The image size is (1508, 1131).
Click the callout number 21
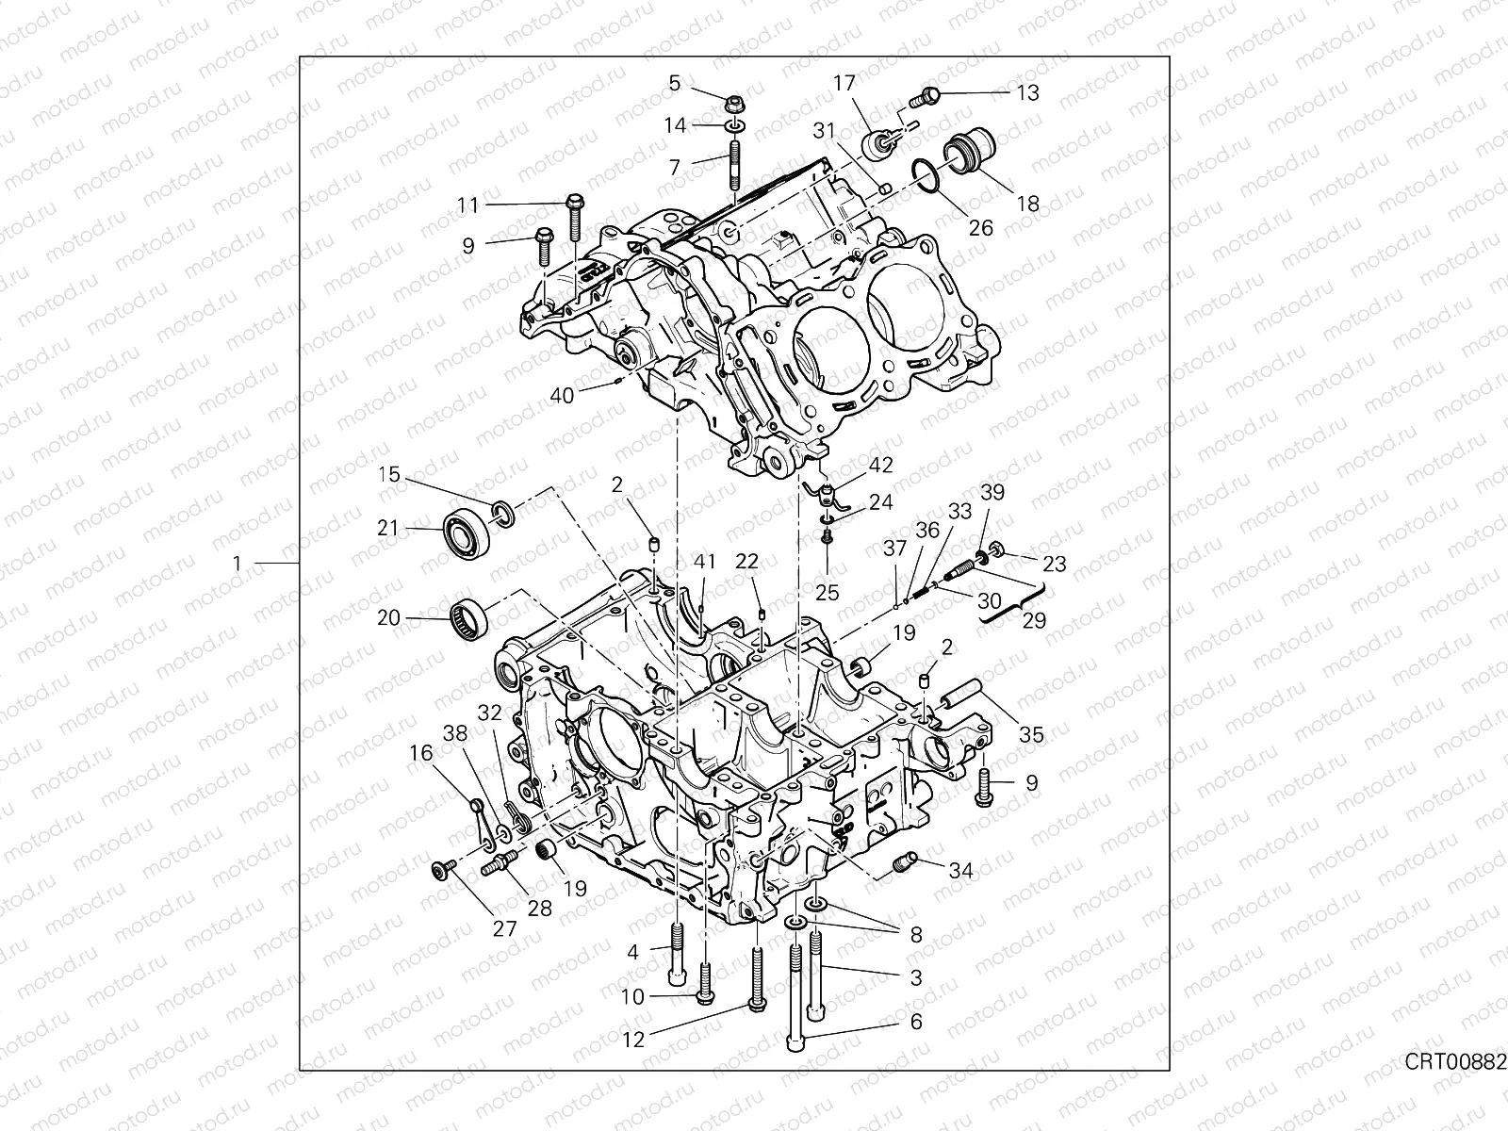[388, 529]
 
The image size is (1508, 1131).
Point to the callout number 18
[1027, 204]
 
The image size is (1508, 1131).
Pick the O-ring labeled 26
[926, 175]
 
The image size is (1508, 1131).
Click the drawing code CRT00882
[1455, 1089]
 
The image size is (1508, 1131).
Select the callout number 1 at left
[238, 564]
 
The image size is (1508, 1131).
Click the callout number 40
[562, 396]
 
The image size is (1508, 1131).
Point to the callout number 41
[706, 562]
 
